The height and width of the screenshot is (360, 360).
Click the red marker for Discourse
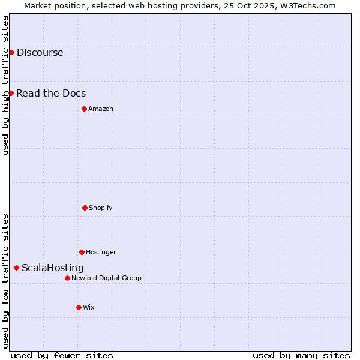11,52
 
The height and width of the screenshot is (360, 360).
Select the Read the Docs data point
11,93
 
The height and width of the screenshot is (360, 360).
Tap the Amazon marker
84,109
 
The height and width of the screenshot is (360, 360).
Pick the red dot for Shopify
85,208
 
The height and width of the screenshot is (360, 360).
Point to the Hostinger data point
82,252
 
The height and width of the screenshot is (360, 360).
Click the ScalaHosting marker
16,268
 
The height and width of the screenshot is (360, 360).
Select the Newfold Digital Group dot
67,278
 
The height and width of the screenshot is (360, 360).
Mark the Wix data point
79,307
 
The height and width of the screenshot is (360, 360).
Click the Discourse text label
40,52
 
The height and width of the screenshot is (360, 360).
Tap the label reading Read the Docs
51,93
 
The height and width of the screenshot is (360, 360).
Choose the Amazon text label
101,109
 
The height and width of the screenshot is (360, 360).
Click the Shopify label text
101,208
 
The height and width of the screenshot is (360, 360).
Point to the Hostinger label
101,252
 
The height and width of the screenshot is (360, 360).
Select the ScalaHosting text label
53,268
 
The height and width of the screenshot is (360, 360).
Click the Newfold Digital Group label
106,278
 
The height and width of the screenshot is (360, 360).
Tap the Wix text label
89,307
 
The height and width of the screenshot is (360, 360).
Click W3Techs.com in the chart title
310,5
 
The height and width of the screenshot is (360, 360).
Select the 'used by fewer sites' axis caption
62,355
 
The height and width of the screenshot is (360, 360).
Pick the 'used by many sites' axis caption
301,355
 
